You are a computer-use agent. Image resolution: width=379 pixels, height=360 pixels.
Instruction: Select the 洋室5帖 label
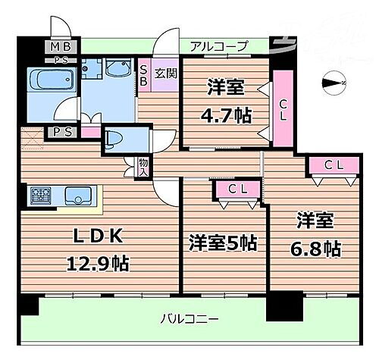coord(222,243)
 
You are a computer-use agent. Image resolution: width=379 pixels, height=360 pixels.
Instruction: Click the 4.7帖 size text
coord(226,115)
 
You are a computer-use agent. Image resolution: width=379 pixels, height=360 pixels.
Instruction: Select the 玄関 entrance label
coord(165,74)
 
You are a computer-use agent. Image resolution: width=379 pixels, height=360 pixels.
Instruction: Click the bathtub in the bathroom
coord(50,80)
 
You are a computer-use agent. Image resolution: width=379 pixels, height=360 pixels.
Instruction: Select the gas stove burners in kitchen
coord(41,196)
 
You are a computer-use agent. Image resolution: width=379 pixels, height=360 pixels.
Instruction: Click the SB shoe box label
coord(143,77)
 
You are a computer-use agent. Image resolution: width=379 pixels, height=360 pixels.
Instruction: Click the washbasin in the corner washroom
coord(118,70)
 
